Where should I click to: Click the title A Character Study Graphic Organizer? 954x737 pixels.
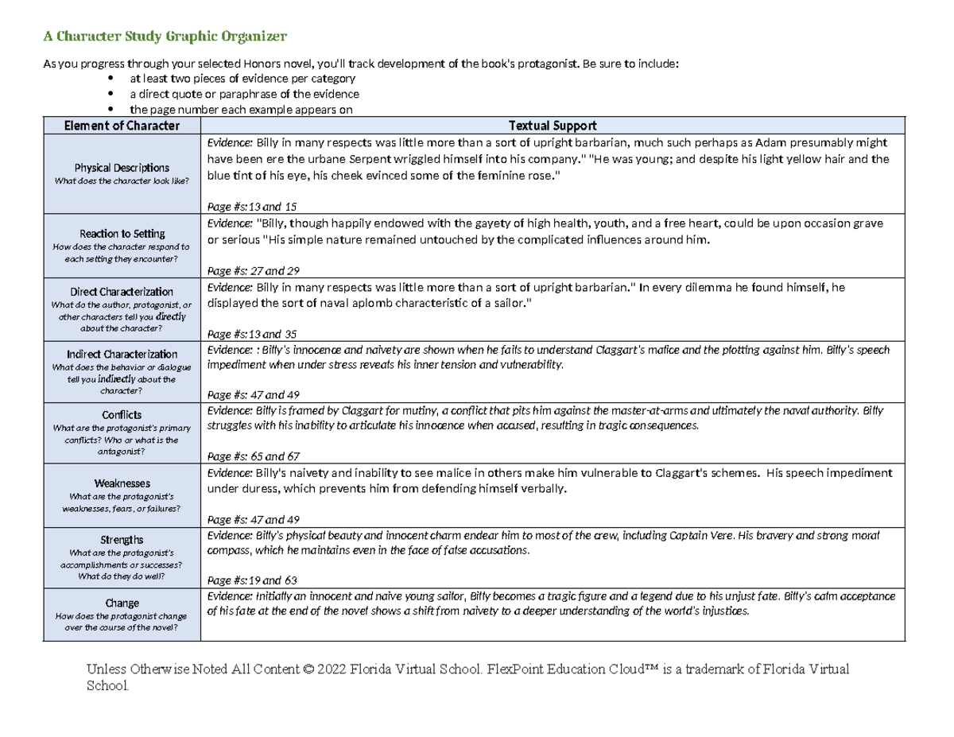164,37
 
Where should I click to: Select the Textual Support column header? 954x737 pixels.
553,126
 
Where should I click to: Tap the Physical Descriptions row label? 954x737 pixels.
122,168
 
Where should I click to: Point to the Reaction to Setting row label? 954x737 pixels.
122,234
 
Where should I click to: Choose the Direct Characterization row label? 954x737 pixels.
122,292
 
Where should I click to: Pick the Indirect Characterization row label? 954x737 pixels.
122,354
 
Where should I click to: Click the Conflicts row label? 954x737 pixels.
122,414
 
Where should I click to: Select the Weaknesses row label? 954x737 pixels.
122,483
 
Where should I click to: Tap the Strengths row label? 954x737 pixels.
122,540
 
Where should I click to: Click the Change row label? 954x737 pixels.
122,603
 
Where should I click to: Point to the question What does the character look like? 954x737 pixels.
122,181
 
